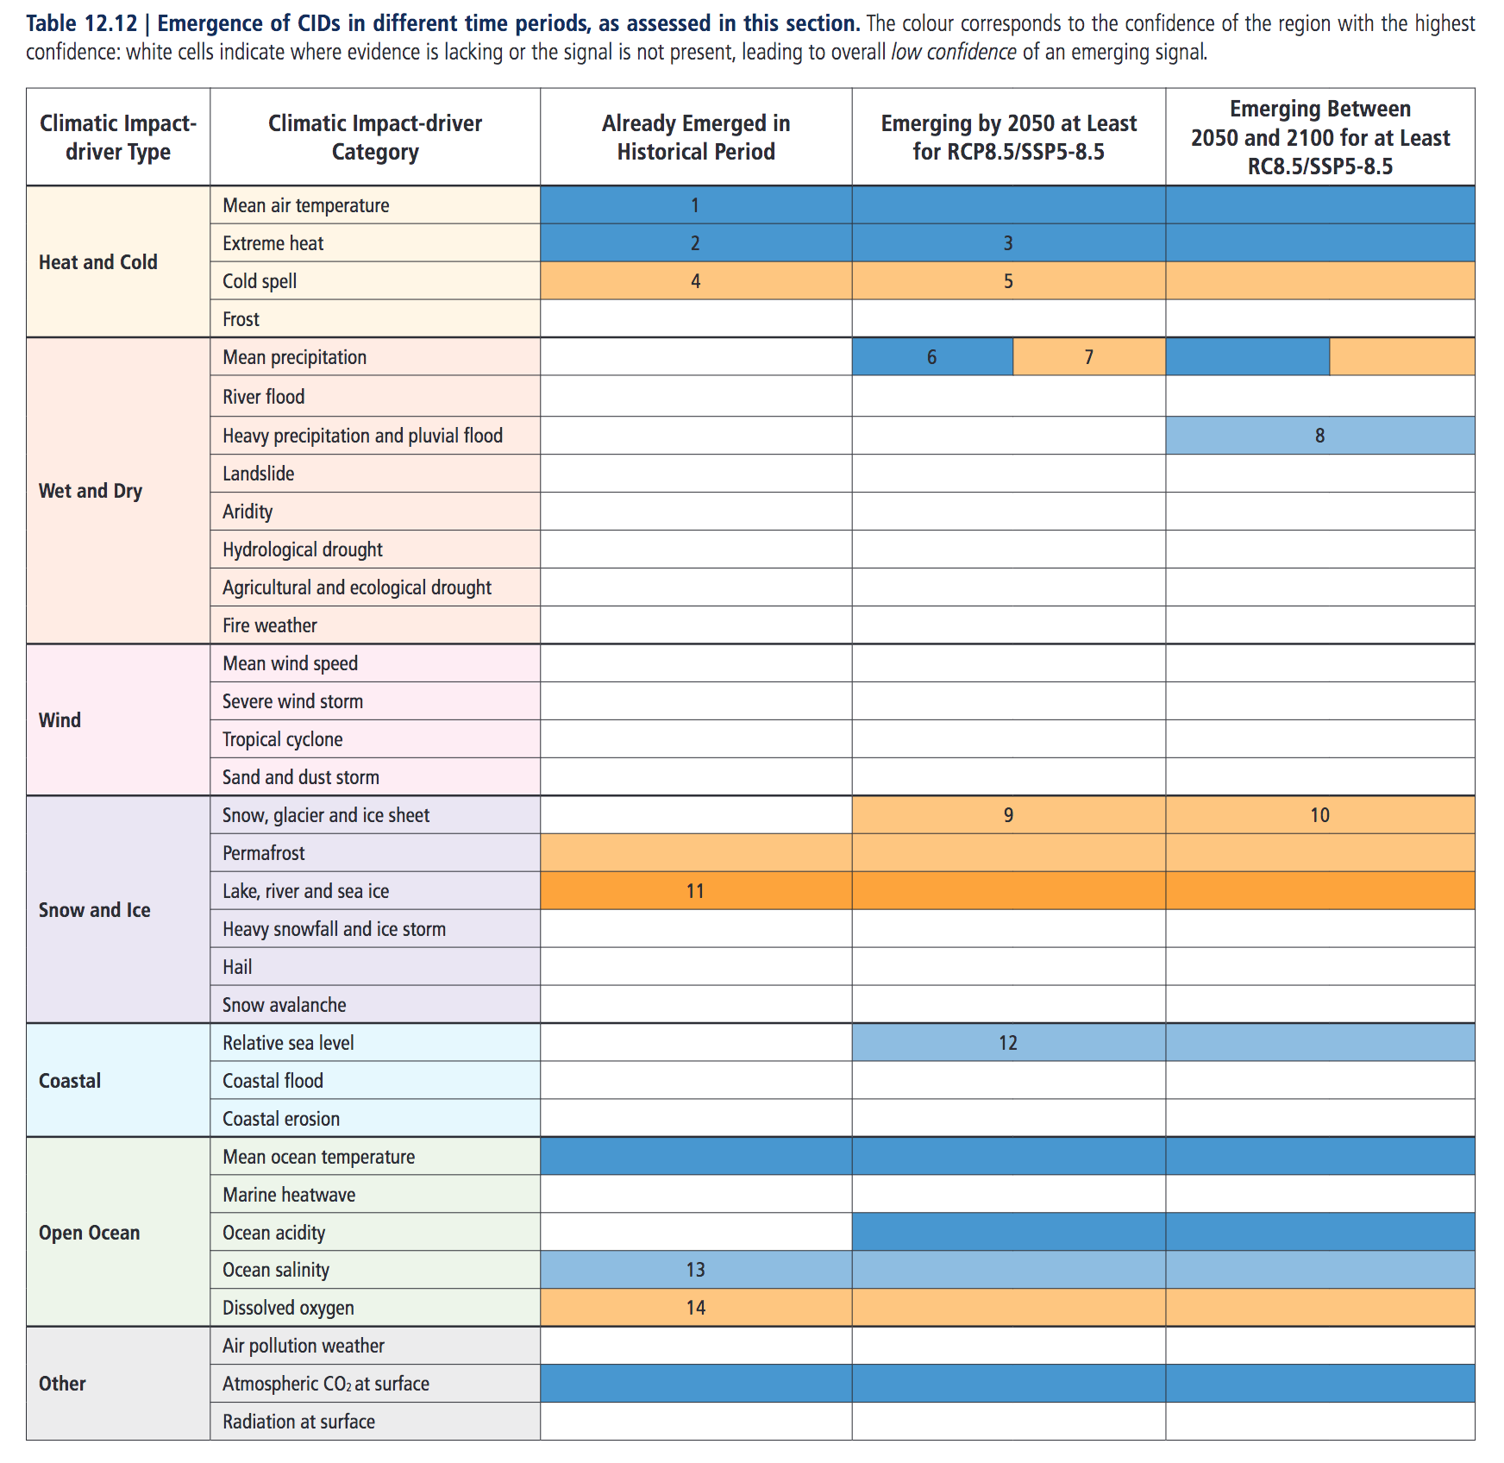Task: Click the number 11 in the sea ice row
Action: [695, 891]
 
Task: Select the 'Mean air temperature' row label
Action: [306, 205]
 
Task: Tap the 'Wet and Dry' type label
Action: [91, 491]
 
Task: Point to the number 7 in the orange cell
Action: [1088, 357]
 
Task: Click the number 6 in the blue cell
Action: [931, 357]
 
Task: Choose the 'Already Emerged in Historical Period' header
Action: [696, 137]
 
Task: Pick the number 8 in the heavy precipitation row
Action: [1319, 436]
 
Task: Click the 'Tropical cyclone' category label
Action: [283, 739]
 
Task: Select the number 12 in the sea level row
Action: [1008, 1043]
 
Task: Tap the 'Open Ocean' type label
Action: [90, 1233]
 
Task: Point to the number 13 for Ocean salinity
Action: [695, 1270]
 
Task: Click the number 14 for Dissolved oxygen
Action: [695, 1308]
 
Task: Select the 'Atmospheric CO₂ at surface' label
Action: [326, 1384]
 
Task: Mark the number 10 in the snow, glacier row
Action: [1319, 815]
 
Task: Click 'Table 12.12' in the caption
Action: [82, 23]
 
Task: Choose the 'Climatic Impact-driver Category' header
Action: [375, 137]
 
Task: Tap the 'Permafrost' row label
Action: [264, 853]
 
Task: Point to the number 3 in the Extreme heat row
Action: [1007, 243]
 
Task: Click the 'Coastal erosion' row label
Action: [281, 1119]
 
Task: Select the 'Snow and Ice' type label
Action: [95, 910]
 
